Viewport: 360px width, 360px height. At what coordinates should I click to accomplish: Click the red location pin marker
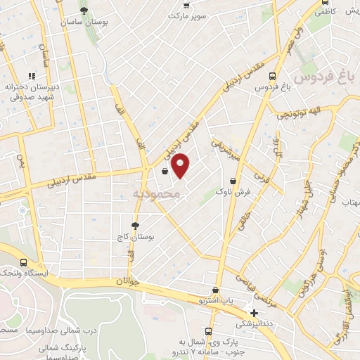pos(181,165)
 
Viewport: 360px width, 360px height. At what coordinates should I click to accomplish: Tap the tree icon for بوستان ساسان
pos(84,11)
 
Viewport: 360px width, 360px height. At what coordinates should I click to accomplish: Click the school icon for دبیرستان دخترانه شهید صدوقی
pos(31,76)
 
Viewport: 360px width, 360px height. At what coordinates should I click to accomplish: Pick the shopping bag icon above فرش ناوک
pos(233,181)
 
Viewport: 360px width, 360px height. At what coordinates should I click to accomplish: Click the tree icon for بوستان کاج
pos(135,226)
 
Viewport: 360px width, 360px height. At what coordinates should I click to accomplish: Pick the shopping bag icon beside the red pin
pos(165,171)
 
